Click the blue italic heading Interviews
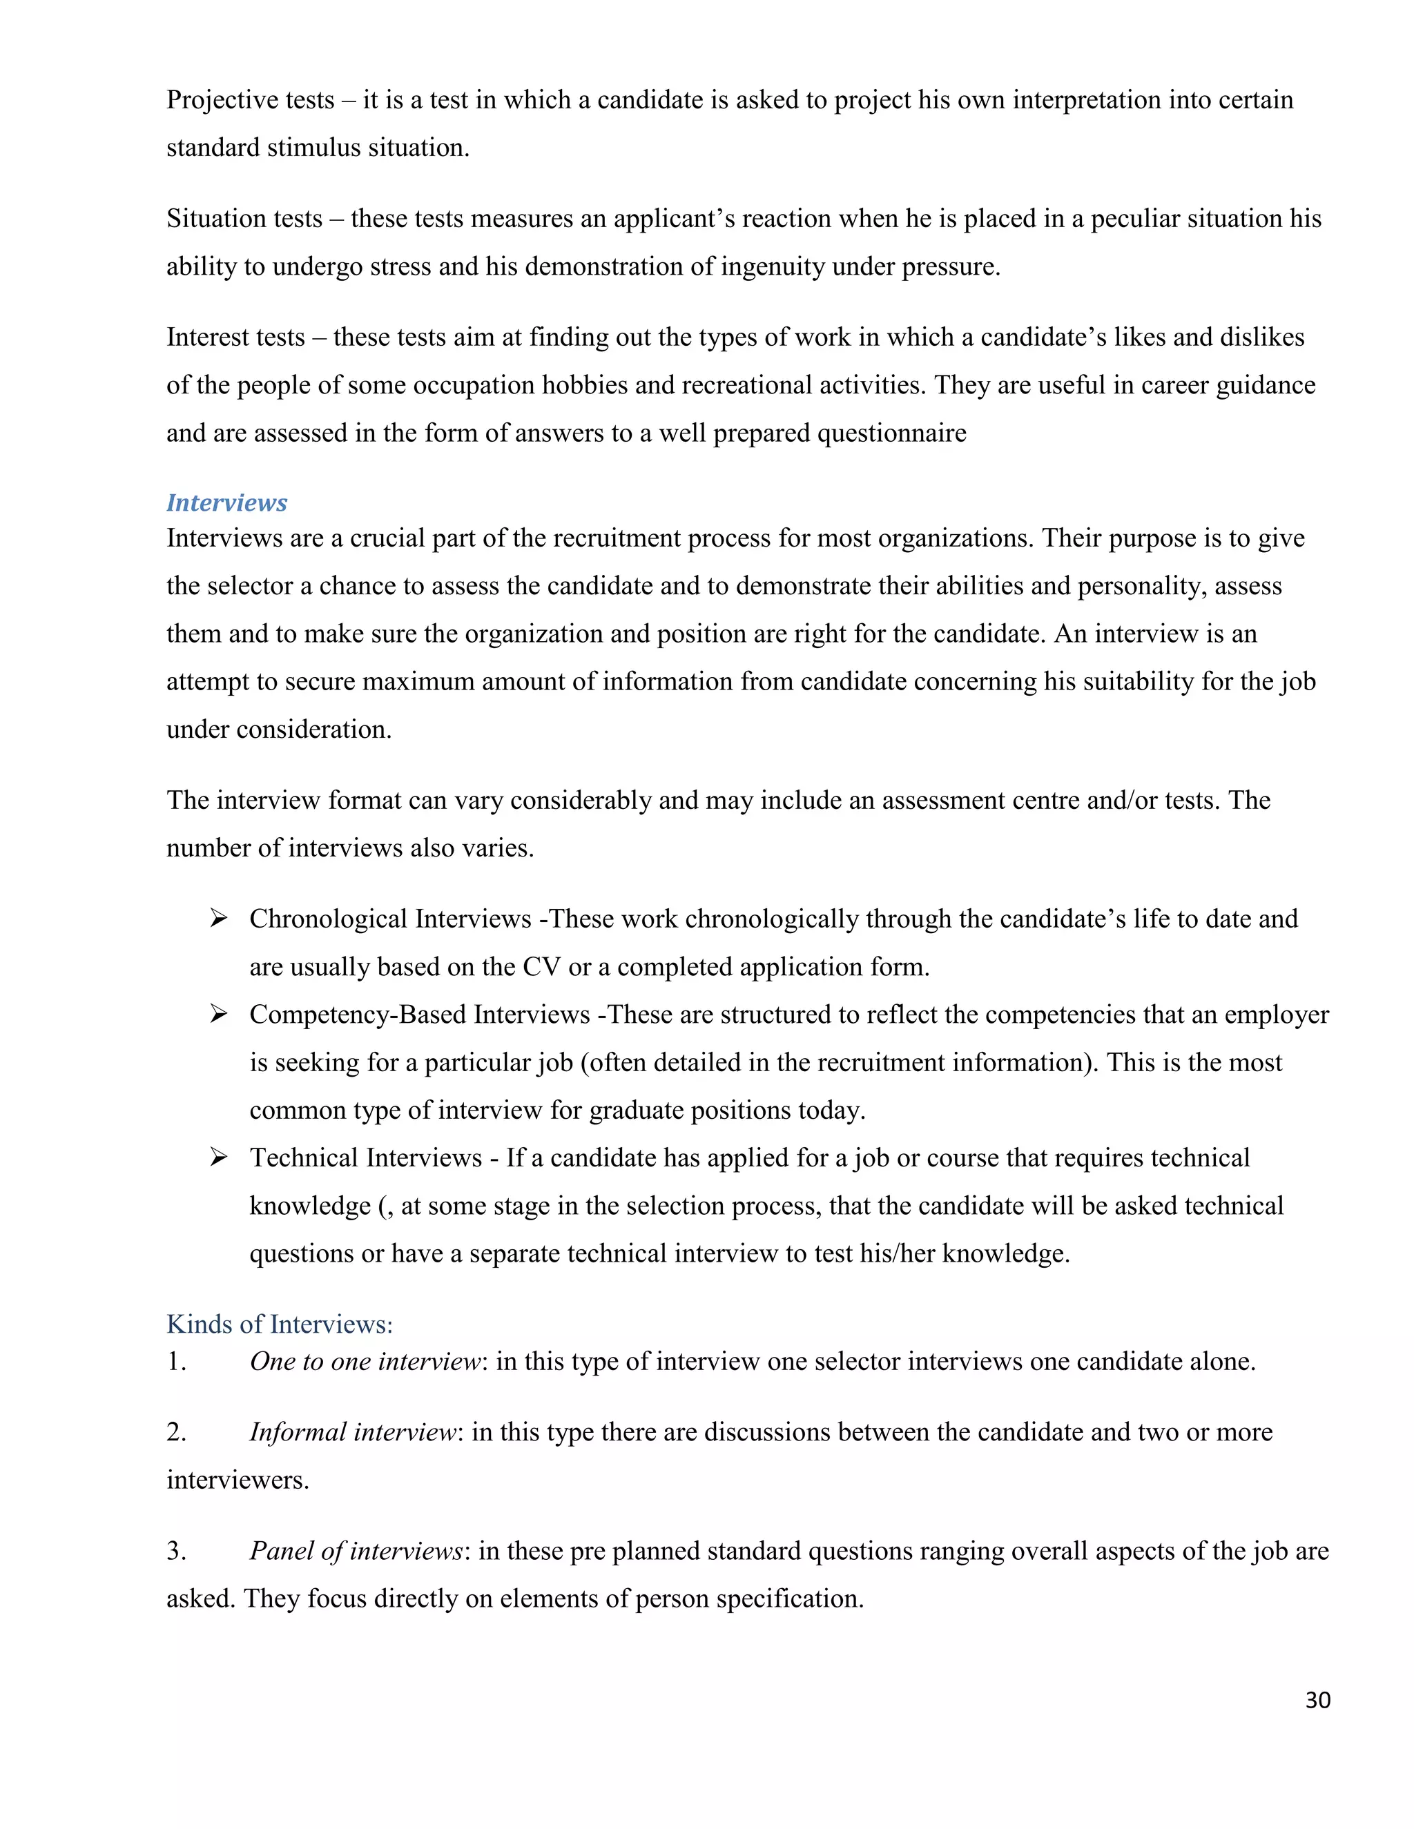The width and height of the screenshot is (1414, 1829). (x=226, y=502)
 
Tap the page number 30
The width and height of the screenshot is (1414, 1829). (x=1317, y=1700)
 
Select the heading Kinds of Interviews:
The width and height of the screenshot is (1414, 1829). (x=279, y=1324)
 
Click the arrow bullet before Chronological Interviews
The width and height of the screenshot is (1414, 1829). (x=219, y=919)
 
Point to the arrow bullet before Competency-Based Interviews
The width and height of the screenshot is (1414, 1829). (x=219, y=1014)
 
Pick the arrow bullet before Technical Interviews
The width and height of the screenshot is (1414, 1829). (x=219, y=1157)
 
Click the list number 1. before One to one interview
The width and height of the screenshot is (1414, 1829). (x=176, y=1362)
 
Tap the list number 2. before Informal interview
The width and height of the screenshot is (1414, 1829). (x=176, y=1432)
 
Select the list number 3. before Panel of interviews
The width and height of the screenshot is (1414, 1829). (x=176, y=1551)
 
